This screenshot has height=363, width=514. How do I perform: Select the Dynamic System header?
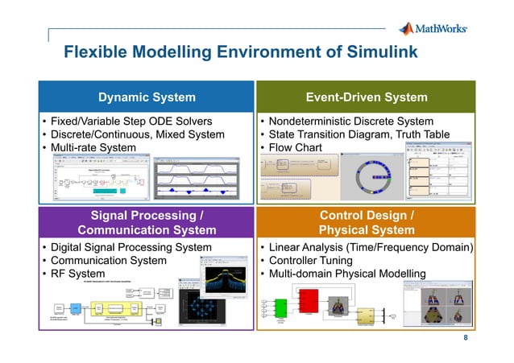pos(147,97)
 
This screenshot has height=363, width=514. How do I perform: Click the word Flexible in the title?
pos(91,53)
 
